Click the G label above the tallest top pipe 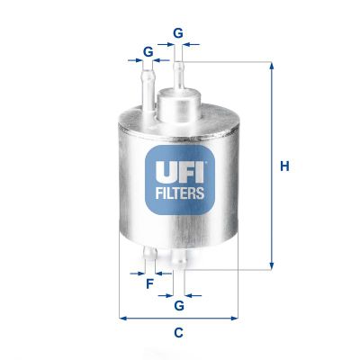[x=178, y=33]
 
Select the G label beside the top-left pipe [x=148, y=51]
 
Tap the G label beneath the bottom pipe [x=179, y=306]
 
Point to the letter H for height [x=284, y=166]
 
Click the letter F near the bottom [x=149, y=284]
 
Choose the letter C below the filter [x=178, y=334]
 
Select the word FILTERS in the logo [x=179, y=191]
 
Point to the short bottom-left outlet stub [x=148, y=257]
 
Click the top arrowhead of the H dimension [x=270, y=65]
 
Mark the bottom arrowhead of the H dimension [x=270, y=266]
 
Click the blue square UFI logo [x=179, y=174]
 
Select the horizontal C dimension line [x=178, y=318]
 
